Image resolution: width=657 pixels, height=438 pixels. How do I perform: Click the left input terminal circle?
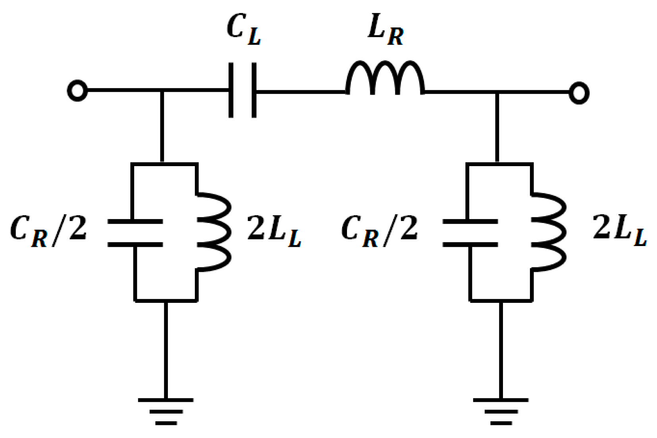coord(77,91)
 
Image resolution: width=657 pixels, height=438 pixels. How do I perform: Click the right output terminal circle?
coord(578,93)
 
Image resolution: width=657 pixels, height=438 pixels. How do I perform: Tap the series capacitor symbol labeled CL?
coord(243,90)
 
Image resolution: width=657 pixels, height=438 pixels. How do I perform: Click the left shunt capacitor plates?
coord(135,233)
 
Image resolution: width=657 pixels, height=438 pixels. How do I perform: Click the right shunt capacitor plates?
coord(470,233)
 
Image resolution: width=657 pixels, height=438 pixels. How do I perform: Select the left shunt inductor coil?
coord(214,232)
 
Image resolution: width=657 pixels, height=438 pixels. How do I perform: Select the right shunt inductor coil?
coord(549,232)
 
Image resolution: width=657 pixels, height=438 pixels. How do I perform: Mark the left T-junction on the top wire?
coord(162,91)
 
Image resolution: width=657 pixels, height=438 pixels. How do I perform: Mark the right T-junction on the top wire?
coord(497,92)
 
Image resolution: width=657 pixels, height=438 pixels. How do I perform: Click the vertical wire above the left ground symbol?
coord(166,350)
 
